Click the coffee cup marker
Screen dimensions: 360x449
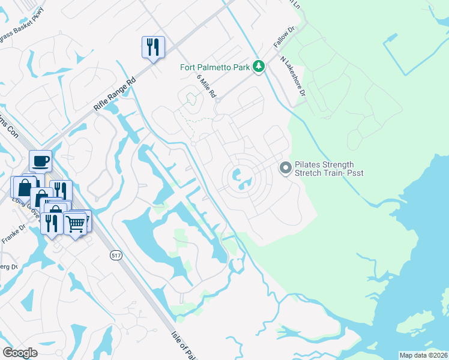(40, 161)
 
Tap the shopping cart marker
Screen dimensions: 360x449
(75, 223)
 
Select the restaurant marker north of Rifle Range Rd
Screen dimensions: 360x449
(152, 47)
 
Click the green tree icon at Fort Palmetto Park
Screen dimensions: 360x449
(259, 66)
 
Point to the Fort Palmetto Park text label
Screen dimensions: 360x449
(215, 67)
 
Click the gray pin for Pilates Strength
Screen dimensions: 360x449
(286, 169)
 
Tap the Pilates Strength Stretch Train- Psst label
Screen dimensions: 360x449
(329, 169)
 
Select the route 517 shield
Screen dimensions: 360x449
(116, 256)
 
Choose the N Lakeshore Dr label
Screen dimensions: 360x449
(294, 76)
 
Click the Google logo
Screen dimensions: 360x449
(20, 353)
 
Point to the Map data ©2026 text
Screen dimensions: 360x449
(423, 355)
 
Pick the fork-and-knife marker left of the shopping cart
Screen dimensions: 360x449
(50, 223)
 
